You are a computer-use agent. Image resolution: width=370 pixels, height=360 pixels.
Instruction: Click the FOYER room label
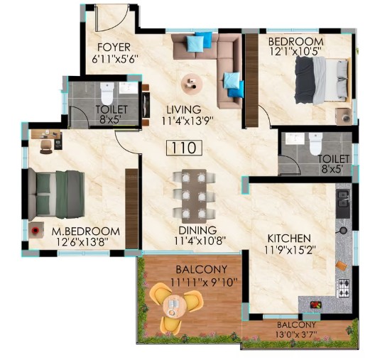click(114, 48)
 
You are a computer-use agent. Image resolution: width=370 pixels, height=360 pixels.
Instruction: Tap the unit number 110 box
click(184, 148)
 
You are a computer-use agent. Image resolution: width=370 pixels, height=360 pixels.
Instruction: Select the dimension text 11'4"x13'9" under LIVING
click(188, 121)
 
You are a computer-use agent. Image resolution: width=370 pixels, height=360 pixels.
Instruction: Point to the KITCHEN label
click(289, 239)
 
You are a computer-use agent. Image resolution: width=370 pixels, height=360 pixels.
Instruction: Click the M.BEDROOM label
click(86, 231)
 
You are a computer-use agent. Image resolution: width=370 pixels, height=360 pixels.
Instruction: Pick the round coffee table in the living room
click(192, 83)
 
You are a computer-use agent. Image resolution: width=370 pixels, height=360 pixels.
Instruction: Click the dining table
click(194, 196)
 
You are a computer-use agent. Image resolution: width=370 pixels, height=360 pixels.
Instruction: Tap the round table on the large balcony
click(174, 307)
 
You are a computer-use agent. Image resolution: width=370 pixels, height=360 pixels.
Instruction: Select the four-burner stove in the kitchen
click(344, 288)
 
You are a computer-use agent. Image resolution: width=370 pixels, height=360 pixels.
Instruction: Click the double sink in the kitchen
click(343, 199)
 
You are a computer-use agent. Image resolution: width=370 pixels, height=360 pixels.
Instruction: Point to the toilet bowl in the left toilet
click(107, 93)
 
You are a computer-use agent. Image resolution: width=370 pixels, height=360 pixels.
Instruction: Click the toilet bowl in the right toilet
click(316, 143)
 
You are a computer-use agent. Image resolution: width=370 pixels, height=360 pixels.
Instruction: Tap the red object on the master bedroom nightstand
click(36, 230)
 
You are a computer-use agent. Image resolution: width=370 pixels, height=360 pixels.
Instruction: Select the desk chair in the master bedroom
click(46, 147)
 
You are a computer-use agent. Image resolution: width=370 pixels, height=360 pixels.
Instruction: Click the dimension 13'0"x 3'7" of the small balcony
click(297, 334)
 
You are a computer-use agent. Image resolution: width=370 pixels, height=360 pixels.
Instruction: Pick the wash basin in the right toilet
click(295, 138)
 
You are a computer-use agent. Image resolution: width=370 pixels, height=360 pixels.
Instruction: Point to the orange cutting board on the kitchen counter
click(342, 266)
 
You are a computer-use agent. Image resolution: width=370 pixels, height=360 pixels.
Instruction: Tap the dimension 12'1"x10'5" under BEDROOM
click(295, 51)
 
